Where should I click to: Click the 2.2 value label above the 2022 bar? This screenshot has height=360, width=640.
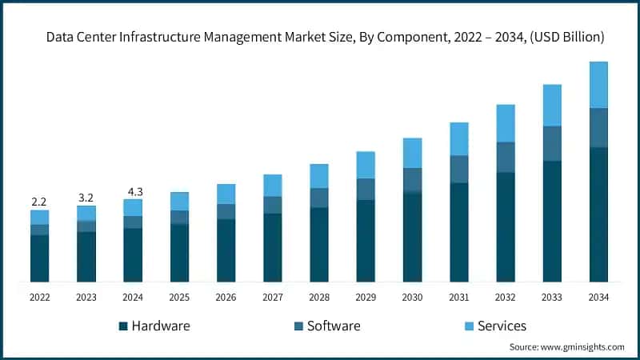tap(39, 202)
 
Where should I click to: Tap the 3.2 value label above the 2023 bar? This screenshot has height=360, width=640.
tap(86, 197)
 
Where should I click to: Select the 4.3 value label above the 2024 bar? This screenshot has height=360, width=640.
tap(133, 192)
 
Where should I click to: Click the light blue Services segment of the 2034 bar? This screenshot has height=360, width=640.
tap(598, 85)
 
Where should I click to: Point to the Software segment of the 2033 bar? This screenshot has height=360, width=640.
tap(552, 143)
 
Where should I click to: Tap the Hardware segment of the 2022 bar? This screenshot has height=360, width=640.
tap(39, 258)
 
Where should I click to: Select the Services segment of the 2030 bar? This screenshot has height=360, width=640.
tap(412, 153)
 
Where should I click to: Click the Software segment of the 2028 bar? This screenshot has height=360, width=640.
tap(319, 198)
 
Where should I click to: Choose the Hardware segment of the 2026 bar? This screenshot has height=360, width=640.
tap(226, 250)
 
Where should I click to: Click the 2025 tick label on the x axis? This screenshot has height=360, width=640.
tap(179, 297)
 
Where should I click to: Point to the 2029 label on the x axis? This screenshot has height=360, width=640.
tap(366, 297)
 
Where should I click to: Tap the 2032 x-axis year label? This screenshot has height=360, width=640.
tap(506, 297)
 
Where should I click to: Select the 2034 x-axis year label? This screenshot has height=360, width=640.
tap(598, 297)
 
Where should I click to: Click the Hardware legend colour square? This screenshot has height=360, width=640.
tap(122, 326)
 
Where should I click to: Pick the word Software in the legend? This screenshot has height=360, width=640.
tap(334, 326)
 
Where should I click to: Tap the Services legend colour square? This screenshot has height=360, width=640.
tap(468, 326)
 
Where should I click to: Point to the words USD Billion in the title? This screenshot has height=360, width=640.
tap(563, 37)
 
